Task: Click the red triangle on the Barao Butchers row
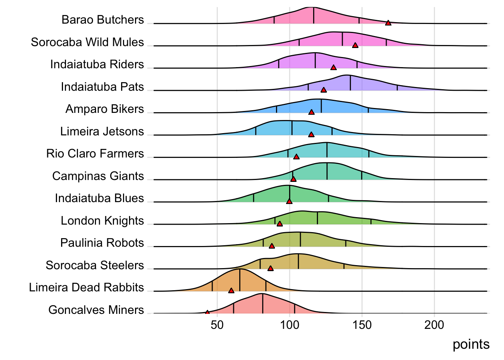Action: point(388,23)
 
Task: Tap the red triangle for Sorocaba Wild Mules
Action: point(355,45)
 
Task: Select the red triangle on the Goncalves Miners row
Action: point(207,312)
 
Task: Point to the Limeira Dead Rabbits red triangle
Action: point(231,291)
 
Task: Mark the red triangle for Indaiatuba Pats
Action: point(324,90)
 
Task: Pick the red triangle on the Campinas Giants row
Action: point(293,179)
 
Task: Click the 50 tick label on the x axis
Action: point(217,325)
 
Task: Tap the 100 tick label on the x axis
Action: point(289,325)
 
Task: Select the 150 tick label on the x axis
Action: point(362,325)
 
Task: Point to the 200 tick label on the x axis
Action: point(434,325)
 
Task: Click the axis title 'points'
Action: point(471,344)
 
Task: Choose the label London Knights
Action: point(102,221)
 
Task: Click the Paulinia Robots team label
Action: point(102,243)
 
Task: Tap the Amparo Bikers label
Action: point(105,109)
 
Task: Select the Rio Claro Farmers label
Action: point(95,154)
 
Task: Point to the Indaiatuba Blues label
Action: point(99,198)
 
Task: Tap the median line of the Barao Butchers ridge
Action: point(314,15)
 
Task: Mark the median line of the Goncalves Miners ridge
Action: point(262,303)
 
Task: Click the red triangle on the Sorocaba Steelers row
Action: point(270,268)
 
